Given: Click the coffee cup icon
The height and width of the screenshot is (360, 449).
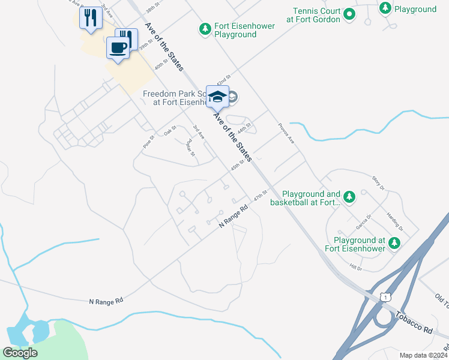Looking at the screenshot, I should pos(118,47).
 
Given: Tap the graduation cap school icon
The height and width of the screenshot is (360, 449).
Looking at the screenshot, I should pos(217,96).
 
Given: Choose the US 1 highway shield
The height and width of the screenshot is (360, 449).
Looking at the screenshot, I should pos(385,296).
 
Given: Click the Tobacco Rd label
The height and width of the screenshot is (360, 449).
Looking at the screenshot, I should pos(414,322).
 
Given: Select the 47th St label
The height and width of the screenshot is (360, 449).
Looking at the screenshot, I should pos(259,196).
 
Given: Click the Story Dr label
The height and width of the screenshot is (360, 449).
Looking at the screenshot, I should pos(378,182).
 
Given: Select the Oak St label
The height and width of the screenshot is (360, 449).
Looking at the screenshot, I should pos(170,130).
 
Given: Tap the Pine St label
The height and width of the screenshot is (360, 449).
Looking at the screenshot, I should pos(149,142).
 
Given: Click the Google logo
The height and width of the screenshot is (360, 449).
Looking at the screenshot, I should pos(20,352).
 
